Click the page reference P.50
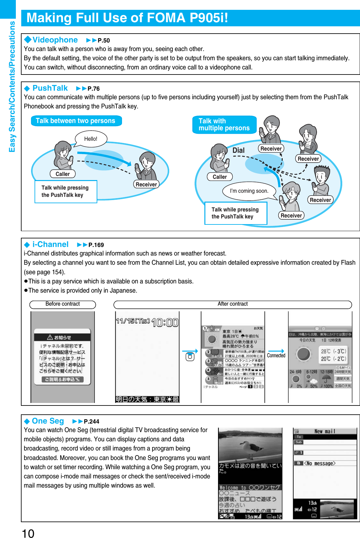pos(103,41)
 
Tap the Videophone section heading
pos(55,40)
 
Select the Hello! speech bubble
pos(91,139)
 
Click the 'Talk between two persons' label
pos(76,121)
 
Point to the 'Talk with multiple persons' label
pos(224,125)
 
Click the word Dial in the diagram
pos(239,150)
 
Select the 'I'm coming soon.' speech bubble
pos(249,191)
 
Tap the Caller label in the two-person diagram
pos(63,174)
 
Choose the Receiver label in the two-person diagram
pos(146,185)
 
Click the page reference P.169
pos(96,245)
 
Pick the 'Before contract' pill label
pos(63,304)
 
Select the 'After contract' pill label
pos(233,304)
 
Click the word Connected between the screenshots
pos(276,356)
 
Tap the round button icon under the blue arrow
pos(190,357)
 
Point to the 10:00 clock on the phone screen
pos(165,323)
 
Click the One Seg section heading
pos(48,421)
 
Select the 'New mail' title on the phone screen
pos(325,431)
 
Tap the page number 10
pos(28,533)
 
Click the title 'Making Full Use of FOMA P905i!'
pos(127,18)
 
